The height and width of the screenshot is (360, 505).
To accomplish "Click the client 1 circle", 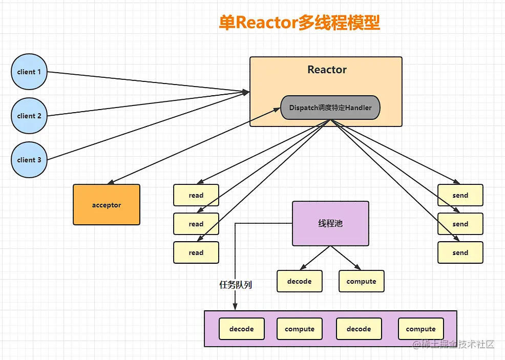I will (29, 72).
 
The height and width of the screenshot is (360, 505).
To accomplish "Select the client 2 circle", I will (29, 116).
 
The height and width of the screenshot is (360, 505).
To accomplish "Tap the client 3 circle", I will (29, 160).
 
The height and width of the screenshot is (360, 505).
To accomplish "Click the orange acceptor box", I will (107, 205).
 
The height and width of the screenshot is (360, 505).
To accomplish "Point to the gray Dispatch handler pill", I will (330, 108).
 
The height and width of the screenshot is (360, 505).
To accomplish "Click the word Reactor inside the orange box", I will (327, 70).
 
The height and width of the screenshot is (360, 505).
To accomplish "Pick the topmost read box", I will (196, 195).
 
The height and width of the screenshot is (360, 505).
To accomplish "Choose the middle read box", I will (196, 224).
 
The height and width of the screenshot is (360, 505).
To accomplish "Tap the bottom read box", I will (196, 252).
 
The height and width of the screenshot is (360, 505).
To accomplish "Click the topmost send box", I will (460, 195).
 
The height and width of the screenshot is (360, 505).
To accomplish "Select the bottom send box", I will (460, 252).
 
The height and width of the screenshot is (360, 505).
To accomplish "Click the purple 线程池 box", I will (330, 223).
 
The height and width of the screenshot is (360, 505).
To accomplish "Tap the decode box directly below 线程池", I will (300, 281).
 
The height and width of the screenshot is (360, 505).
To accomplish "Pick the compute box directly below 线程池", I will (361, 281).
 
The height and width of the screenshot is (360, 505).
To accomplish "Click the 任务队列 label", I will (236, 285).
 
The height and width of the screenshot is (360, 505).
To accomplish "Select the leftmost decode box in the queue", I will (242, 329).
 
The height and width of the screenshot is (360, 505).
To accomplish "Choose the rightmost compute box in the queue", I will (420, 329).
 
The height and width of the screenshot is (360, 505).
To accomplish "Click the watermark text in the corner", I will (453, 344).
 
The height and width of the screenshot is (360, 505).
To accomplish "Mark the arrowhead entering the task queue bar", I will (235, 307).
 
